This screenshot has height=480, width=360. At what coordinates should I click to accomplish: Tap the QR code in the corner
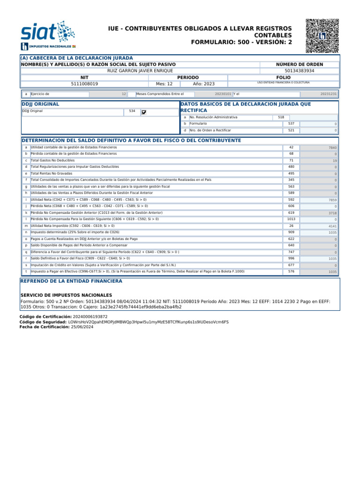click(322, 36)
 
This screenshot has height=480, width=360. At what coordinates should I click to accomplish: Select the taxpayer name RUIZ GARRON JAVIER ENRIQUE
click(140, 71)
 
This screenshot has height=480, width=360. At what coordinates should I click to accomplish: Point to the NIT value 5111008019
click(84, 84)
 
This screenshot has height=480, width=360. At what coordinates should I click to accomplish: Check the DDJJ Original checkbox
click(144, 112)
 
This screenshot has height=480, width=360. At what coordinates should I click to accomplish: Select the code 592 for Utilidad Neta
click(291, 200)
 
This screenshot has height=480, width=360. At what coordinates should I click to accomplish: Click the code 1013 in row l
click(291, 219)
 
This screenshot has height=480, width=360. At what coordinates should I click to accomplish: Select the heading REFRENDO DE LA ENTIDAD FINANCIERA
click(71, 281)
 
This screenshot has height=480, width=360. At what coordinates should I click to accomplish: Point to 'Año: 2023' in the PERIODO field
click(203, 84)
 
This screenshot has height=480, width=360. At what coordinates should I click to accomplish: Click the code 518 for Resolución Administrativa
click(281, 117)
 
